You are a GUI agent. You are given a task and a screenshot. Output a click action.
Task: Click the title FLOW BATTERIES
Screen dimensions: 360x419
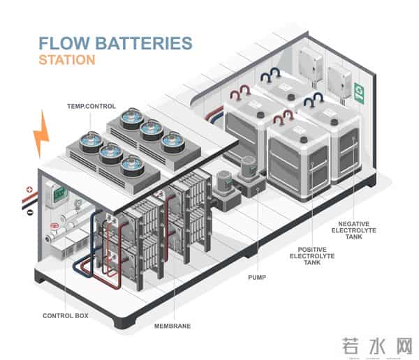point(115,43)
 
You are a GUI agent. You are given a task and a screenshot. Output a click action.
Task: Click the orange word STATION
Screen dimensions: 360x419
point(66,60)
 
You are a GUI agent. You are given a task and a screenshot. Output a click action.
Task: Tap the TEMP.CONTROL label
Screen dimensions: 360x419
point(91,106)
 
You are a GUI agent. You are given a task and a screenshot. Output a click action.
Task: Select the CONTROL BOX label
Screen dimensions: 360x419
point(65,315)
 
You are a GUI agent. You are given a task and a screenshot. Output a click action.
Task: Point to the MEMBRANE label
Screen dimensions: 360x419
point(172,325)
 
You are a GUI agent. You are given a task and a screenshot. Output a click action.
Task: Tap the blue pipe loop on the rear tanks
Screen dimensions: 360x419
point(269,74)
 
